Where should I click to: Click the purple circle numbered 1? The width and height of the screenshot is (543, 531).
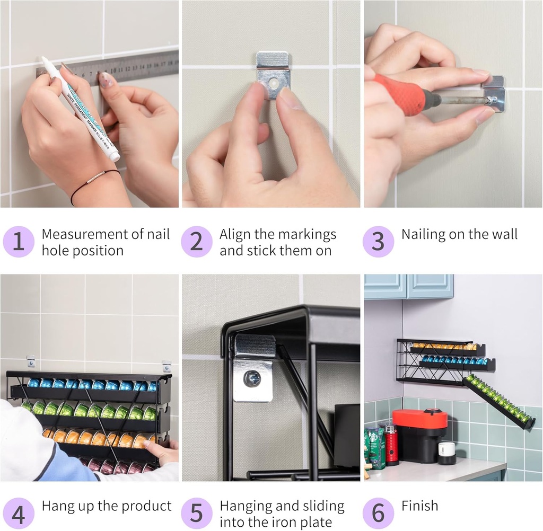point(19,242)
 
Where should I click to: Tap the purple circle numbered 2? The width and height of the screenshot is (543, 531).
point(196,242)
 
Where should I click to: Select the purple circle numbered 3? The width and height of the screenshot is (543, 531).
point(378,242)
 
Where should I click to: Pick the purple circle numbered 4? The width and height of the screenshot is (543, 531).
point(19,514)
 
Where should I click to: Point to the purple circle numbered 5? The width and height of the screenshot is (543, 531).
point(196,514)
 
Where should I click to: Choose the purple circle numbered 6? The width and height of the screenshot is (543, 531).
point(378,514)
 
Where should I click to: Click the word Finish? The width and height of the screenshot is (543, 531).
point(420,506)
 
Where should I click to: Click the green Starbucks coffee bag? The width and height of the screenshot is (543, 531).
point(374,448)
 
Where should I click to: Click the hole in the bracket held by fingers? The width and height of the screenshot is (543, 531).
point(274,83)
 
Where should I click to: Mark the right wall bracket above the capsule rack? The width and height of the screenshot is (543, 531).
point(167,366)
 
